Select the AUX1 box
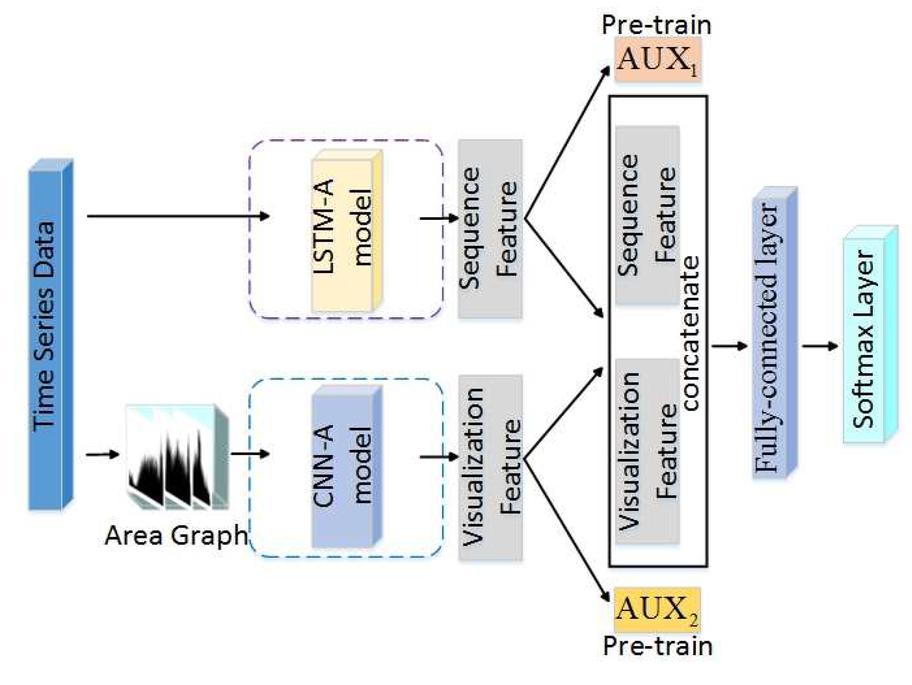[x=657, y=60]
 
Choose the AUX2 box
[x=657, y=610]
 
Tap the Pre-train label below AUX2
[x=657, y=647]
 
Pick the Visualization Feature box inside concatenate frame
[x=647, y=451]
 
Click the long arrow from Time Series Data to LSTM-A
[x=177, y=216]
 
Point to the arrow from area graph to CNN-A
[x=249, y=454]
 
